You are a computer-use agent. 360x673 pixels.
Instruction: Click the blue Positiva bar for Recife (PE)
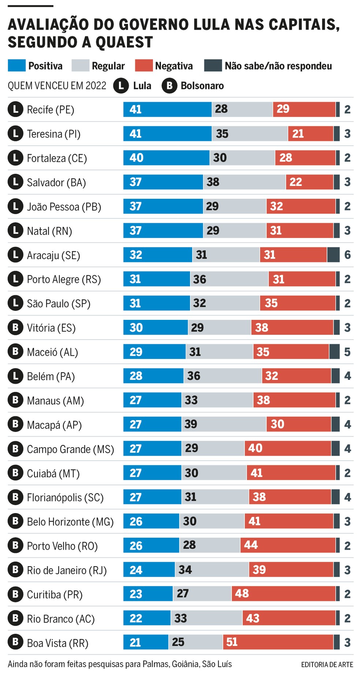click(167, 109)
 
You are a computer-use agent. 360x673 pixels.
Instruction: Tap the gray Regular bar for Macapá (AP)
click(224, 424)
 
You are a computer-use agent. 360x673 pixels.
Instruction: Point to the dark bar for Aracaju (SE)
click(333, 255)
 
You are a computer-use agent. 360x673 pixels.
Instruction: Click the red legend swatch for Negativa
click(143, 66)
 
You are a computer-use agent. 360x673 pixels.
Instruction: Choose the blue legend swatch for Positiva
click(17, 66)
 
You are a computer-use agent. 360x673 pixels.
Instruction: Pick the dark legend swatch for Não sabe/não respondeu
click(213, 66)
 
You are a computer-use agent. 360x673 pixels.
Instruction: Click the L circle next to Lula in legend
click(121, 86)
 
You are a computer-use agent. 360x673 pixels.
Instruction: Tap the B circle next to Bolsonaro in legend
click(169, 86)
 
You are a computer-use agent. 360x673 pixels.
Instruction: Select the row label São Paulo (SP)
click(59, 304)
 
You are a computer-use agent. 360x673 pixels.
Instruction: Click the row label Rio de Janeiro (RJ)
click(67, 570)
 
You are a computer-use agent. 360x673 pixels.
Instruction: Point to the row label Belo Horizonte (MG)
click(70, 522)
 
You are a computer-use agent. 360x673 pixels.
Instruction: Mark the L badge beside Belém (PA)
click(15, 376)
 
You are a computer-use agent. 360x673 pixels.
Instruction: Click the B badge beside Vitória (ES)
click(15, 328)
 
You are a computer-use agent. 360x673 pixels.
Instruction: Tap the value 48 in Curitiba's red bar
click(242, 593)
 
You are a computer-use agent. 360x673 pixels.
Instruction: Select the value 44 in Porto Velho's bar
click(251, 545)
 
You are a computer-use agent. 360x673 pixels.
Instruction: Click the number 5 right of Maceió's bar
click(347, 352)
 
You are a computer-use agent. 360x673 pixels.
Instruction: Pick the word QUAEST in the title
click(124, 42)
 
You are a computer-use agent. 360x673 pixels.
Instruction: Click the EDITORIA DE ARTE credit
click(327, 665)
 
